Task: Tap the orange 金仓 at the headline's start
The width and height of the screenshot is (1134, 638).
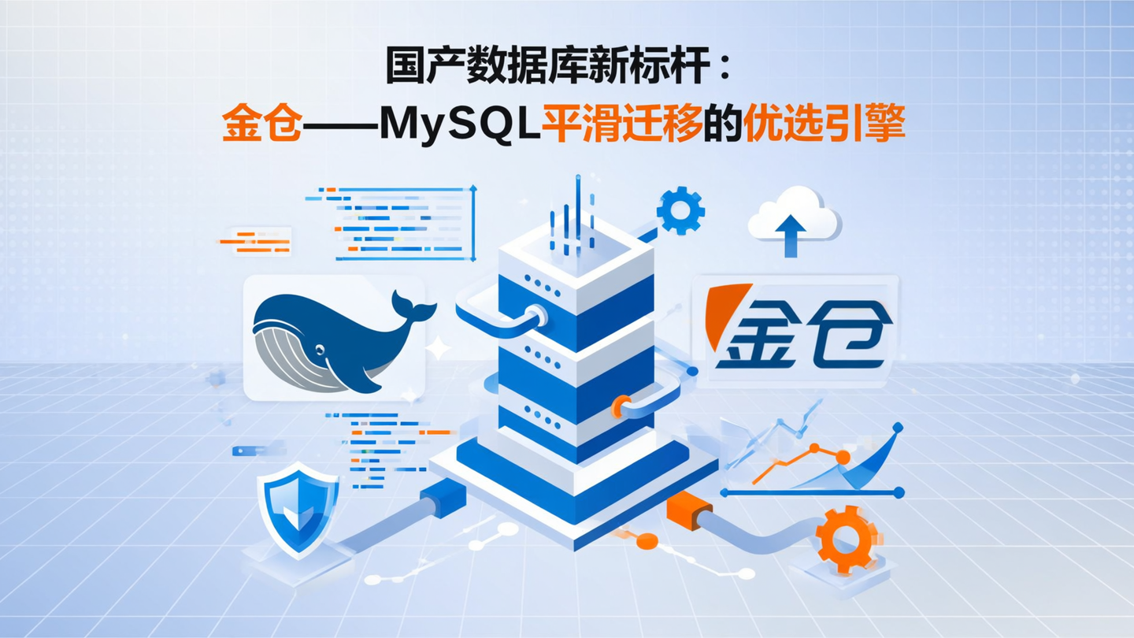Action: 261,126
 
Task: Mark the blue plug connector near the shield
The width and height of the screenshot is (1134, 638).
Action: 443,499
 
